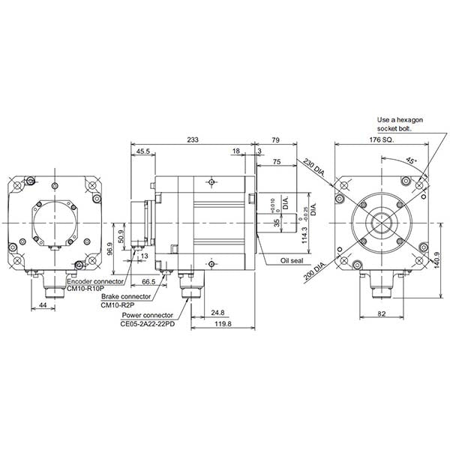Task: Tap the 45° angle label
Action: [411, 159]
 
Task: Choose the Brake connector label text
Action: [125, 298]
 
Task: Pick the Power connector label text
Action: [147, 315]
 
